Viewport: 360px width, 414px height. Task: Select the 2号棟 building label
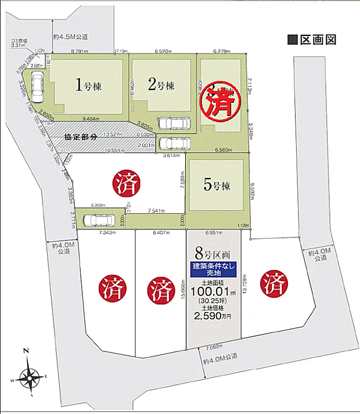click(x=161, y=86)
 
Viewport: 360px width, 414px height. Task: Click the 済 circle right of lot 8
click(x=276, y=285)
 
